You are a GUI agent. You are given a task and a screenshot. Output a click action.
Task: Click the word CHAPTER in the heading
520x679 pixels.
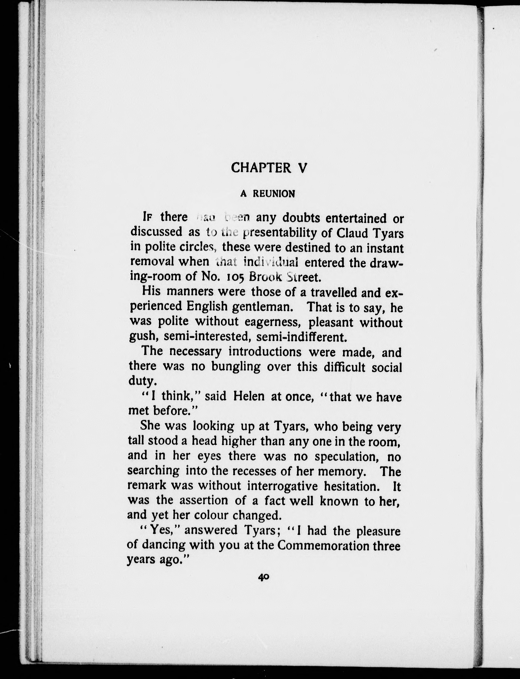pos(261,168)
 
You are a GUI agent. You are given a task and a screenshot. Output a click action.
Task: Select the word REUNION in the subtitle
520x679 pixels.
pos(274,194)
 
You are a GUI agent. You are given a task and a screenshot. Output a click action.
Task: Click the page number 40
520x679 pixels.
pos(263,577)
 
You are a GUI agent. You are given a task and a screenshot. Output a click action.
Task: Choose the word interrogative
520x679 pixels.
pos(282,486)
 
